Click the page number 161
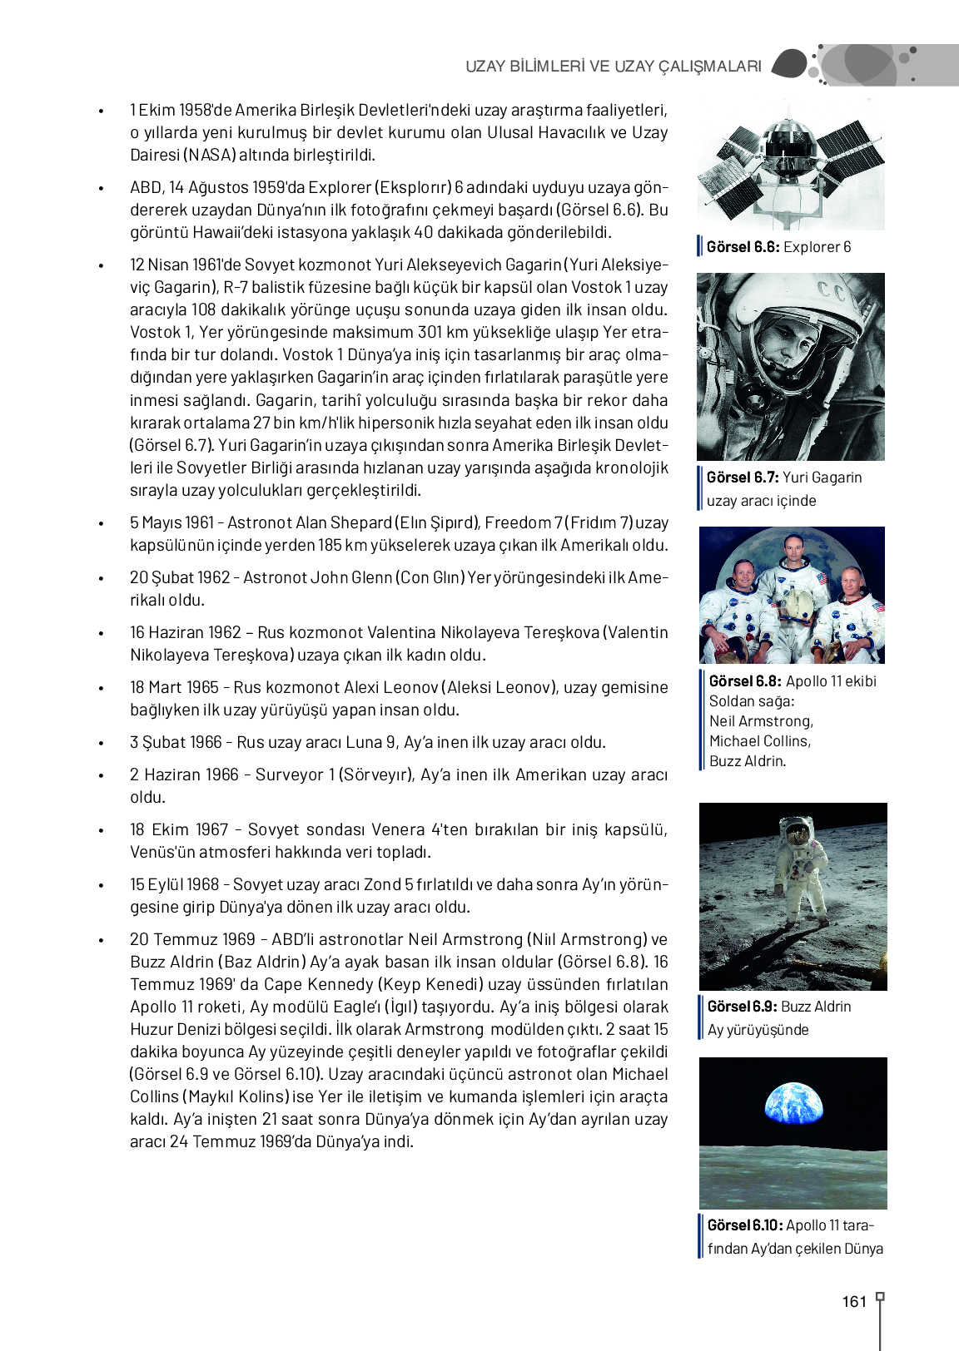point(854,1302)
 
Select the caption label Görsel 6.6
point(743,247)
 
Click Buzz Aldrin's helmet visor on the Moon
point(797,829)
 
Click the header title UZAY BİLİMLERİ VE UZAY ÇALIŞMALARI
point(614,67)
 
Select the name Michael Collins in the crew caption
point(758,741)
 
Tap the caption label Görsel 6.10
point(744,1225)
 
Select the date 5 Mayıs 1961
point(172,523)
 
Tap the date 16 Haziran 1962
point(185,633)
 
